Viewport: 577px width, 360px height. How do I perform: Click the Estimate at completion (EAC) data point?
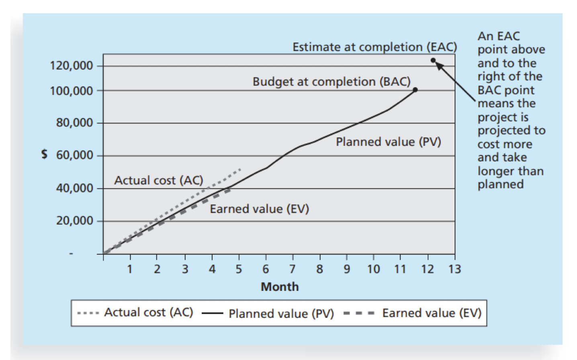coord(433,61)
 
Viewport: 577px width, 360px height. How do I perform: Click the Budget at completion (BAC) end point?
coord(415,90)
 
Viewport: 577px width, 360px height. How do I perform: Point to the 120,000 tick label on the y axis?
coord(71,65)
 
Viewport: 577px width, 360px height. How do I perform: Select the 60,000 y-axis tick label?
coord(74,155)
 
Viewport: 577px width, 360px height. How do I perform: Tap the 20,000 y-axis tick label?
coord(74,221)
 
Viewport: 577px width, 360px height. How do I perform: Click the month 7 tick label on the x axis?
coord(293,269)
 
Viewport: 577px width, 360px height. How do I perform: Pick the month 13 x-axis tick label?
coord(455,269)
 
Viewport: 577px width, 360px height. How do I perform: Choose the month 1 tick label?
coord(130,269)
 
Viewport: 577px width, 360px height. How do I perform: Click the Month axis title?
coord(280,287)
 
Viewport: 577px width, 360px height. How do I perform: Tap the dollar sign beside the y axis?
coord(44,154)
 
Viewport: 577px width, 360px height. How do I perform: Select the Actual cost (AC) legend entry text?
coord(149,313)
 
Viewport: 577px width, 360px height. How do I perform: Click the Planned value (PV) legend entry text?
coord(281,313)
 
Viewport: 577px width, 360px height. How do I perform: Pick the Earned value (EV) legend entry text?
coord(432,313)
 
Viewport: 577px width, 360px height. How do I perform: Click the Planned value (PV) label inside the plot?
coord(388,142)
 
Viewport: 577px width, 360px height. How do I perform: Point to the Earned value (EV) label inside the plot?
coord(259,209)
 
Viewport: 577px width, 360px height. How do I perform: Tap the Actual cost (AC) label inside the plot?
coord(159,180)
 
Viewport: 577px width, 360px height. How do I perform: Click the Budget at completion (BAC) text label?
coord(331,82)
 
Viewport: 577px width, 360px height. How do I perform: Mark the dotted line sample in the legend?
coord(88,313)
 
